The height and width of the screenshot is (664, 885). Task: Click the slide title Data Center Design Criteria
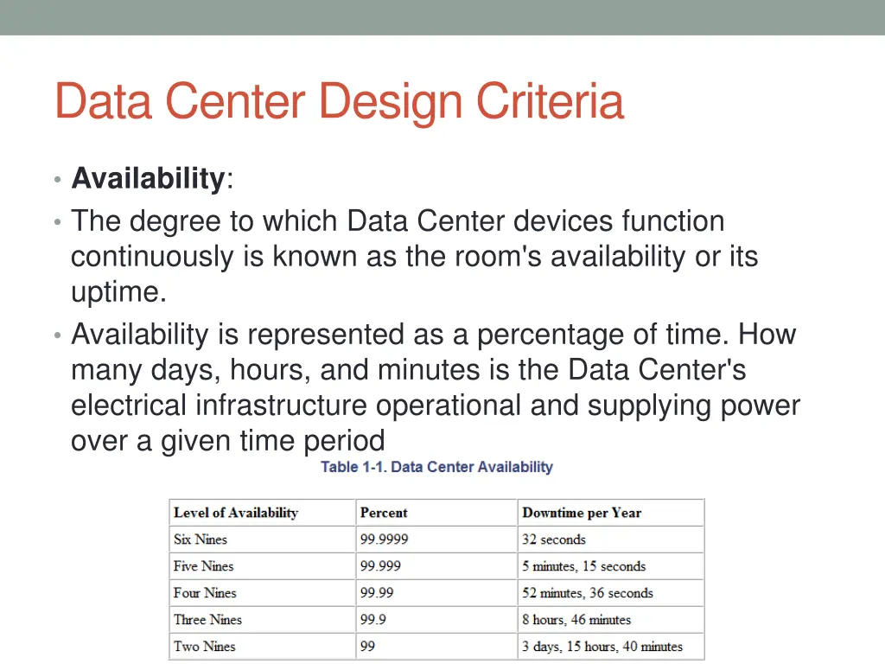[x=338, y=102]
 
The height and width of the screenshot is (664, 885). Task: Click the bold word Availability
[x=148, y=179]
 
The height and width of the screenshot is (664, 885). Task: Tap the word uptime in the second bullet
[x=118, y=293]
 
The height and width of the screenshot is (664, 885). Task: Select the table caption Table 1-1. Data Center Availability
[x=436, y=467]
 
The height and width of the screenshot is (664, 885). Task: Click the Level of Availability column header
[x=235, y=513]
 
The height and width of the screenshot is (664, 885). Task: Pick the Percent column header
[x=384, y=513]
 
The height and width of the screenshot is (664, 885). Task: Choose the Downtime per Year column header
[x=582, y=513]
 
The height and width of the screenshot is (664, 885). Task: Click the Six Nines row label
[x=201, y=539]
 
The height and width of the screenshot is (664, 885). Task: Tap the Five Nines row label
[x=203, y=566]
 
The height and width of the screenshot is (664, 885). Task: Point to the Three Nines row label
[x=207, y=620]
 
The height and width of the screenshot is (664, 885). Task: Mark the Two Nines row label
[x=204, y=647]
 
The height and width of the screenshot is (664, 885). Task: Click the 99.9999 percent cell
[x=384, y=539]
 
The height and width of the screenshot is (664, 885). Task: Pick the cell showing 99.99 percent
[x=377, y=593]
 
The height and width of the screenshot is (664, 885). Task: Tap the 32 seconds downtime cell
[x=553, y=539]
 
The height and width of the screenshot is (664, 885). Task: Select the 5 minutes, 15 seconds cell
[x=583, y=566]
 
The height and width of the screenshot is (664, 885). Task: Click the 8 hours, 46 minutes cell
[x=576, y=620]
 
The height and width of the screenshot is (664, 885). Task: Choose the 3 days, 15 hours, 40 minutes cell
[x=602, y=647]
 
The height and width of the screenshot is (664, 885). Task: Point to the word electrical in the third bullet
[x=129, y=405]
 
